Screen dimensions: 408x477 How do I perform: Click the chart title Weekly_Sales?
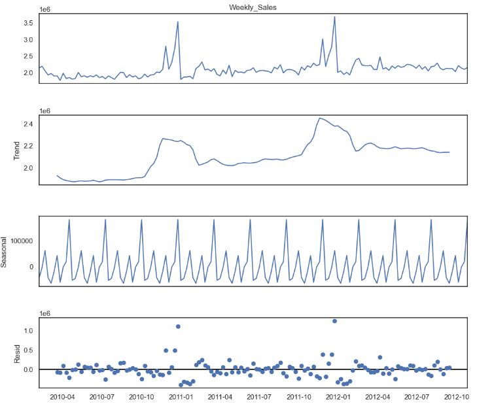[x=253, y=7]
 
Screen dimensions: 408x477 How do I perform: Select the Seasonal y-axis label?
[x=5, y=251]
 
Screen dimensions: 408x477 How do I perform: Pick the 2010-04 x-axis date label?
[x=62, y=397]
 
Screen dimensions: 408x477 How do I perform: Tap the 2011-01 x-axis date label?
[x=181, y=397]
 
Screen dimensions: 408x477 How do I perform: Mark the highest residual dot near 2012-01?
[x=334, y=321]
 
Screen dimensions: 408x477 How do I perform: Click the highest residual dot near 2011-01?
[x=178, y=326]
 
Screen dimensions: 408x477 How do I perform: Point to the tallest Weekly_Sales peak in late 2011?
[x=334, y=17]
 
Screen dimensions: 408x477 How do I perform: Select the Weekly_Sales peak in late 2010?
[x=178, y=22]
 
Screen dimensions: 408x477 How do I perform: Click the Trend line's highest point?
[x=320, y=118]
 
